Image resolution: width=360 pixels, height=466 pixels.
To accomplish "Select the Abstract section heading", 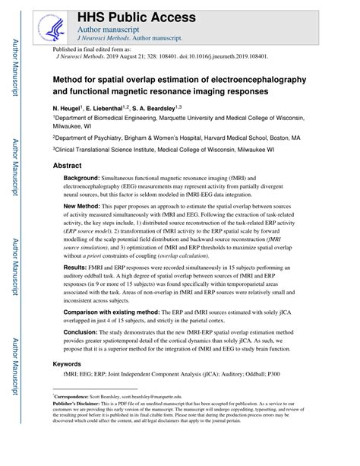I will coord(68,165).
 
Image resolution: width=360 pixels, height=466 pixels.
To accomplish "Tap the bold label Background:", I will coord(86,177).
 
